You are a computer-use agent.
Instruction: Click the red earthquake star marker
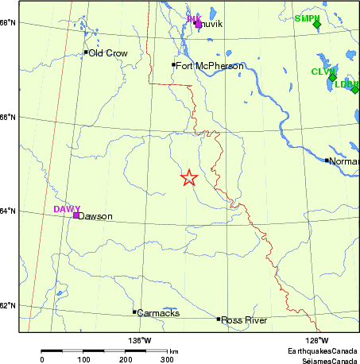(188, 178)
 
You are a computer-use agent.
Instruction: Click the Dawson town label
(95, 216)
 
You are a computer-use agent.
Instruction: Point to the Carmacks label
(153, 313)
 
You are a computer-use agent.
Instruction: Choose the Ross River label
(244, 320)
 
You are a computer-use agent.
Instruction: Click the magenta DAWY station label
(67, 209)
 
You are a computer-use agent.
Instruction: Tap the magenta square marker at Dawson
(75, 215)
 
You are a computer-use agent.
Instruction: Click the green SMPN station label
(306, 17)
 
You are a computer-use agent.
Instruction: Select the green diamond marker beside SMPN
(316, 24)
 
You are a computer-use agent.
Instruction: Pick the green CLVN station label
(323, 72)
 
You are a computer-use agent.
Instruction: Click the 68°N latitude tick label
(9, 22)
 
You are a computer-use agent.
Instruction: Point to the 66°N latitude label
(9, 118)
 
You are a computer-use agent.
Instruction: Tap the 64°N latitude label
(9, 211)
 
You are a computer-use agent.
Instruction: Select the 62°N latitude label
(9, 306)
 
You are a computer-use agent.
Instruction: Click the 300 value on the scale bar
(168, 360)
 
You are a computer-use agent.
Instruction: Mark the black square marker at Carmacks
(134, 312)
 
